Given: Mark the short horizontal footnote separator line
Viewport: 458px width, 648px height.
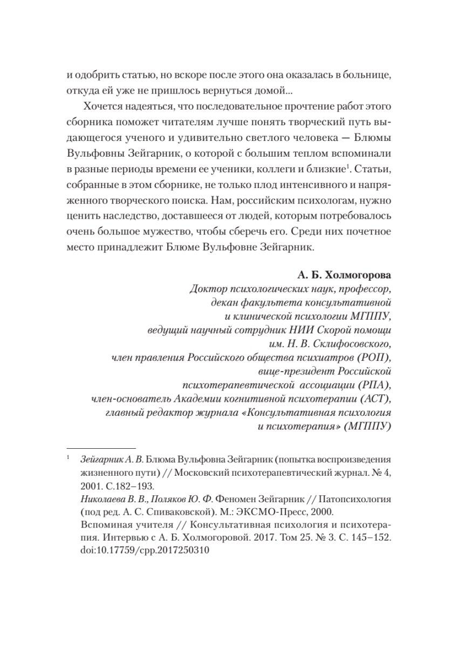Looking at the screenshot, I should coord(101,448).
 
